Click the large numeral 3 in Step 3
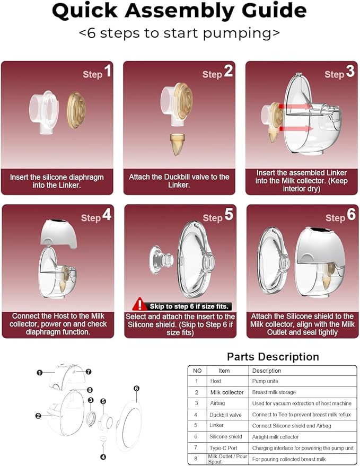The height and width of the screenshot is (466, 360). [350, 72]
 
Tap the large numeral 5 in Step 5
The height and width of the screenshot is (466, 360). [229, 214]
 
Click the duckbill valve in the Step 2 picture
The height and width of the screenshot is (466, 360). [178, 144]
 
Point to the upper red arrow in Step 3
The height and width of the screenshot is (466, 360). [295, 107]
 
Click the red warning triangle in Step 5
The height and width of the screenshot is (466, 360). [138, 304]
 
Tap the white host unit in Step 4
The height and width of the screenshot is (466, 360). [58, 234]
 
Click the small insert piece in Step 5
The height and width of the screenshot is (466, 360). [161, 259]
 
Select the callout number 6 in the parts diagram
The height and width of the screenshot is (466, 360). [136, 389]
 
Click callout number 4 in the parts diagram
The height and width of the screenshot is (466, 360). [103, 457]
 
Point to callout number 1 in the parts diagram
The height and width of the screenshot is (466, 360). [40, 372]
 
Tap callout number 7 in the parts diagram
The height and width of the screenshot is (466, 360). [89, 372]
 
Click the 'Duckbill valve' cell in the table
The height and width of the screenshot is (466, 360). [225, 415]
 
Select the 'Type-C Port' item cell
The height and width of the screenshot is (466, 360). [223, 448]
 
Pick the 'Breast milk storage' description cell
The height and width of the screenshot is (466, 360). [274, 392]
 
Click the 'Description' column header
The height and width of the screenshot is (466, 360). [266, 371]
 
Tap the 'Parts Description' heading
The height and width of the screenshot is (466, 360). [273, 357]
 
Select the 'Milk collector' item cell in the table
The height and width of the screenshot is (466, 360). [227, 392]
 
